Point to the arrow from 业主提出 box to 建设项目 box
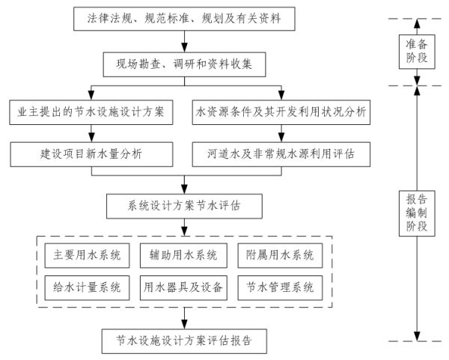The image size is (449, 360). (92, 133)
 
